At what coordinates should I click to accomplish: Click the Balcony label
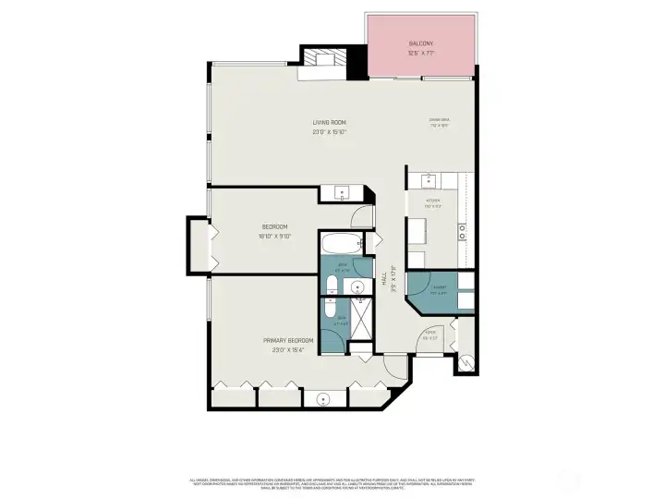[421, 44]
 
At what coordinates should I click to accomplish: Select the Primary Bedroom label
[288, 340]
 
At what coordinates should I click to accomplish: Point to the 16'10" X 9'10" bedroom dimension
[274, 237]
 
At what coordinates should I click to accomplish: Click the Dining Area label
[439, 120]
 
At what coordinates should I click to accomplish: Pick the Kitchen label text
[432, 201]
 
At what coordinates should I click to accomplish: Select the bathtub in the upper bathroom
[342, 246]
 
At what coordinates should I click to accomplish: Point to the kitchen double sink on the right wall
[463, 230]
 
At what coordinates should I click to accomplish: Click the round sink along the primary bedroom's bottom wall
[323, 399]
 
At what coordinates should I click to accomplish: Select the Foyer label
[429, 334]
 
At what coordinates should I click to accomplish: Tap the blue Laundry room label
[440, 288]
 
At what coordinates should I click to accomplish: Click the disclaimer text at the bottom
[332, 483]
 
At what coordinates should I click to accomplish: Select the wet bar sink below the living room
[343, 194]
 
